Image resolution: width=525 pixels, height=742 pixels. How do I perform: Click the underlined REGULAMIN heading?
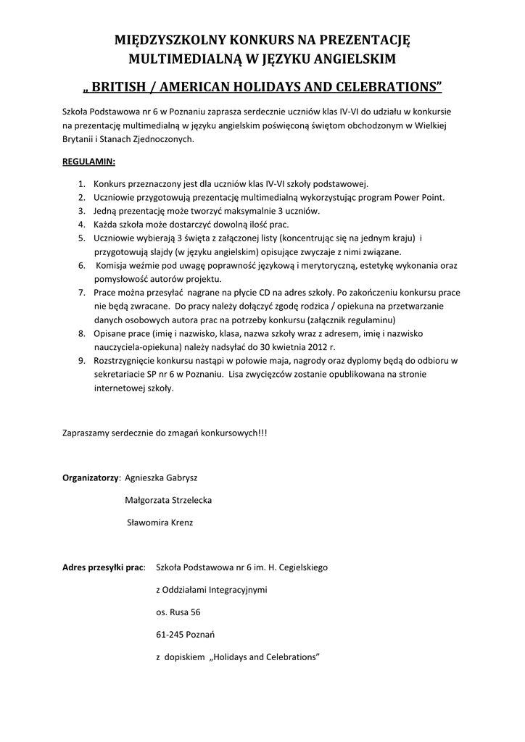click(x=88, y=161)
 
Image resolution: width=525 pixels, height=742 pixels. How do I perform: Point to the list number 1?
click(x=81, y=184)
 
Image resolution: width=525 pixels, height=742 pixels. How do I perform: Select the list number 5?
click(x=81, y=238)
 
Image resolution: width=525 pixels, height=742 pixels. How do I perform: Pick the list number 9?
click(x=81, y=360)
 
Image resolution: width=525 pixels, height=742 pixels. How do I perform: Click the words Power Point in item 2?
click(x=419, y=197)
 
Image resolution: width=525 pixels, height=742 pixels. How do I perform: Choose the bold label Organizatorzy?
click(x=91, y=478)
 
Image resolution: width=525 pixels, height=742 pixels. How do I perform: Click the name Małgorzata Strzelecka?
click(x=168, y=500)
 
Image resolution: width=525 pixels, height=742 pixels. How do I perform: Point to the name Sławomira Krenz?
click(x=160, y=522)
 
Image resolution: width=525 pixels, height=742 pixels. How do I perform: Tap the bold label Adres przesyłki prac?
click(x=103, y=567)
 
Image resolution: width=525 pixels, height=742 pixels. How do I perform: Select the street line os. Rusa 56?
click(x=178, y=612)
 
